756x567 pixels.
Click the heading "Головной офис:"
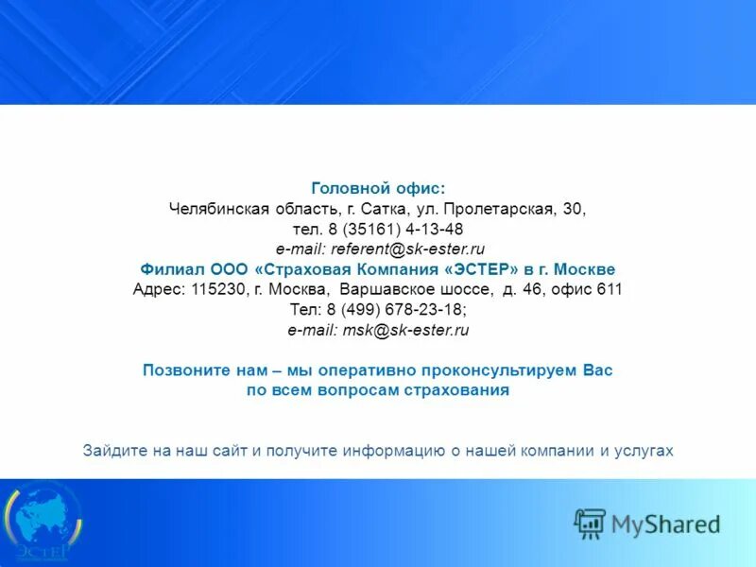pyautogui.click(x=378, y=189)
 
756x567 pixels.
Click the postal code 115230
pyautogui.click(x=218, y=289)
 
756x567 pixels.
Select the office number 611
pyautogui.click(x=610, y=289)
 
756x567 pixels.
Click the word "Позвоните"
pyautogui.click(x=184, y=370)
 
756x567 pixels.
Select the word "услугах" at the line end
pyautogui.click(x=646, y=451)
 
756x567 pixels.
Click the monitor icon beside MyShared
pyautogui.click(x=591, y=523)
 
